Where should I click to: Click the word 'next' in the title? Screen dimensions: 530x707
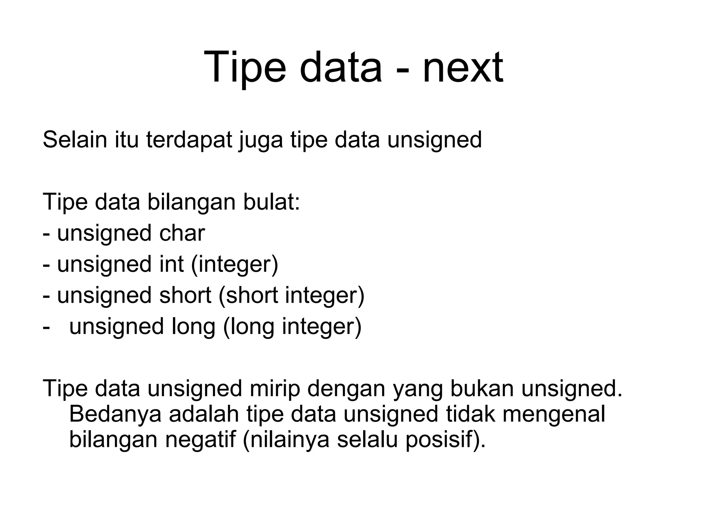point(463,67)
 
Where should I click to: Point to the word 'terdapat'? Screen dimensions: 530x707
point(189,140)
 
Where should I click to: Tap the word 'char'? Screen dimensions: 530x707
point(182,233)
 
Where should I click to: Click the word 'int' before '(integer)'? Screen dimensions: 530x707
point(171,264)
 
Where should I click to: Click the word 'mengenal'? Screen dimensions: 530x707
point(553,414)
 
